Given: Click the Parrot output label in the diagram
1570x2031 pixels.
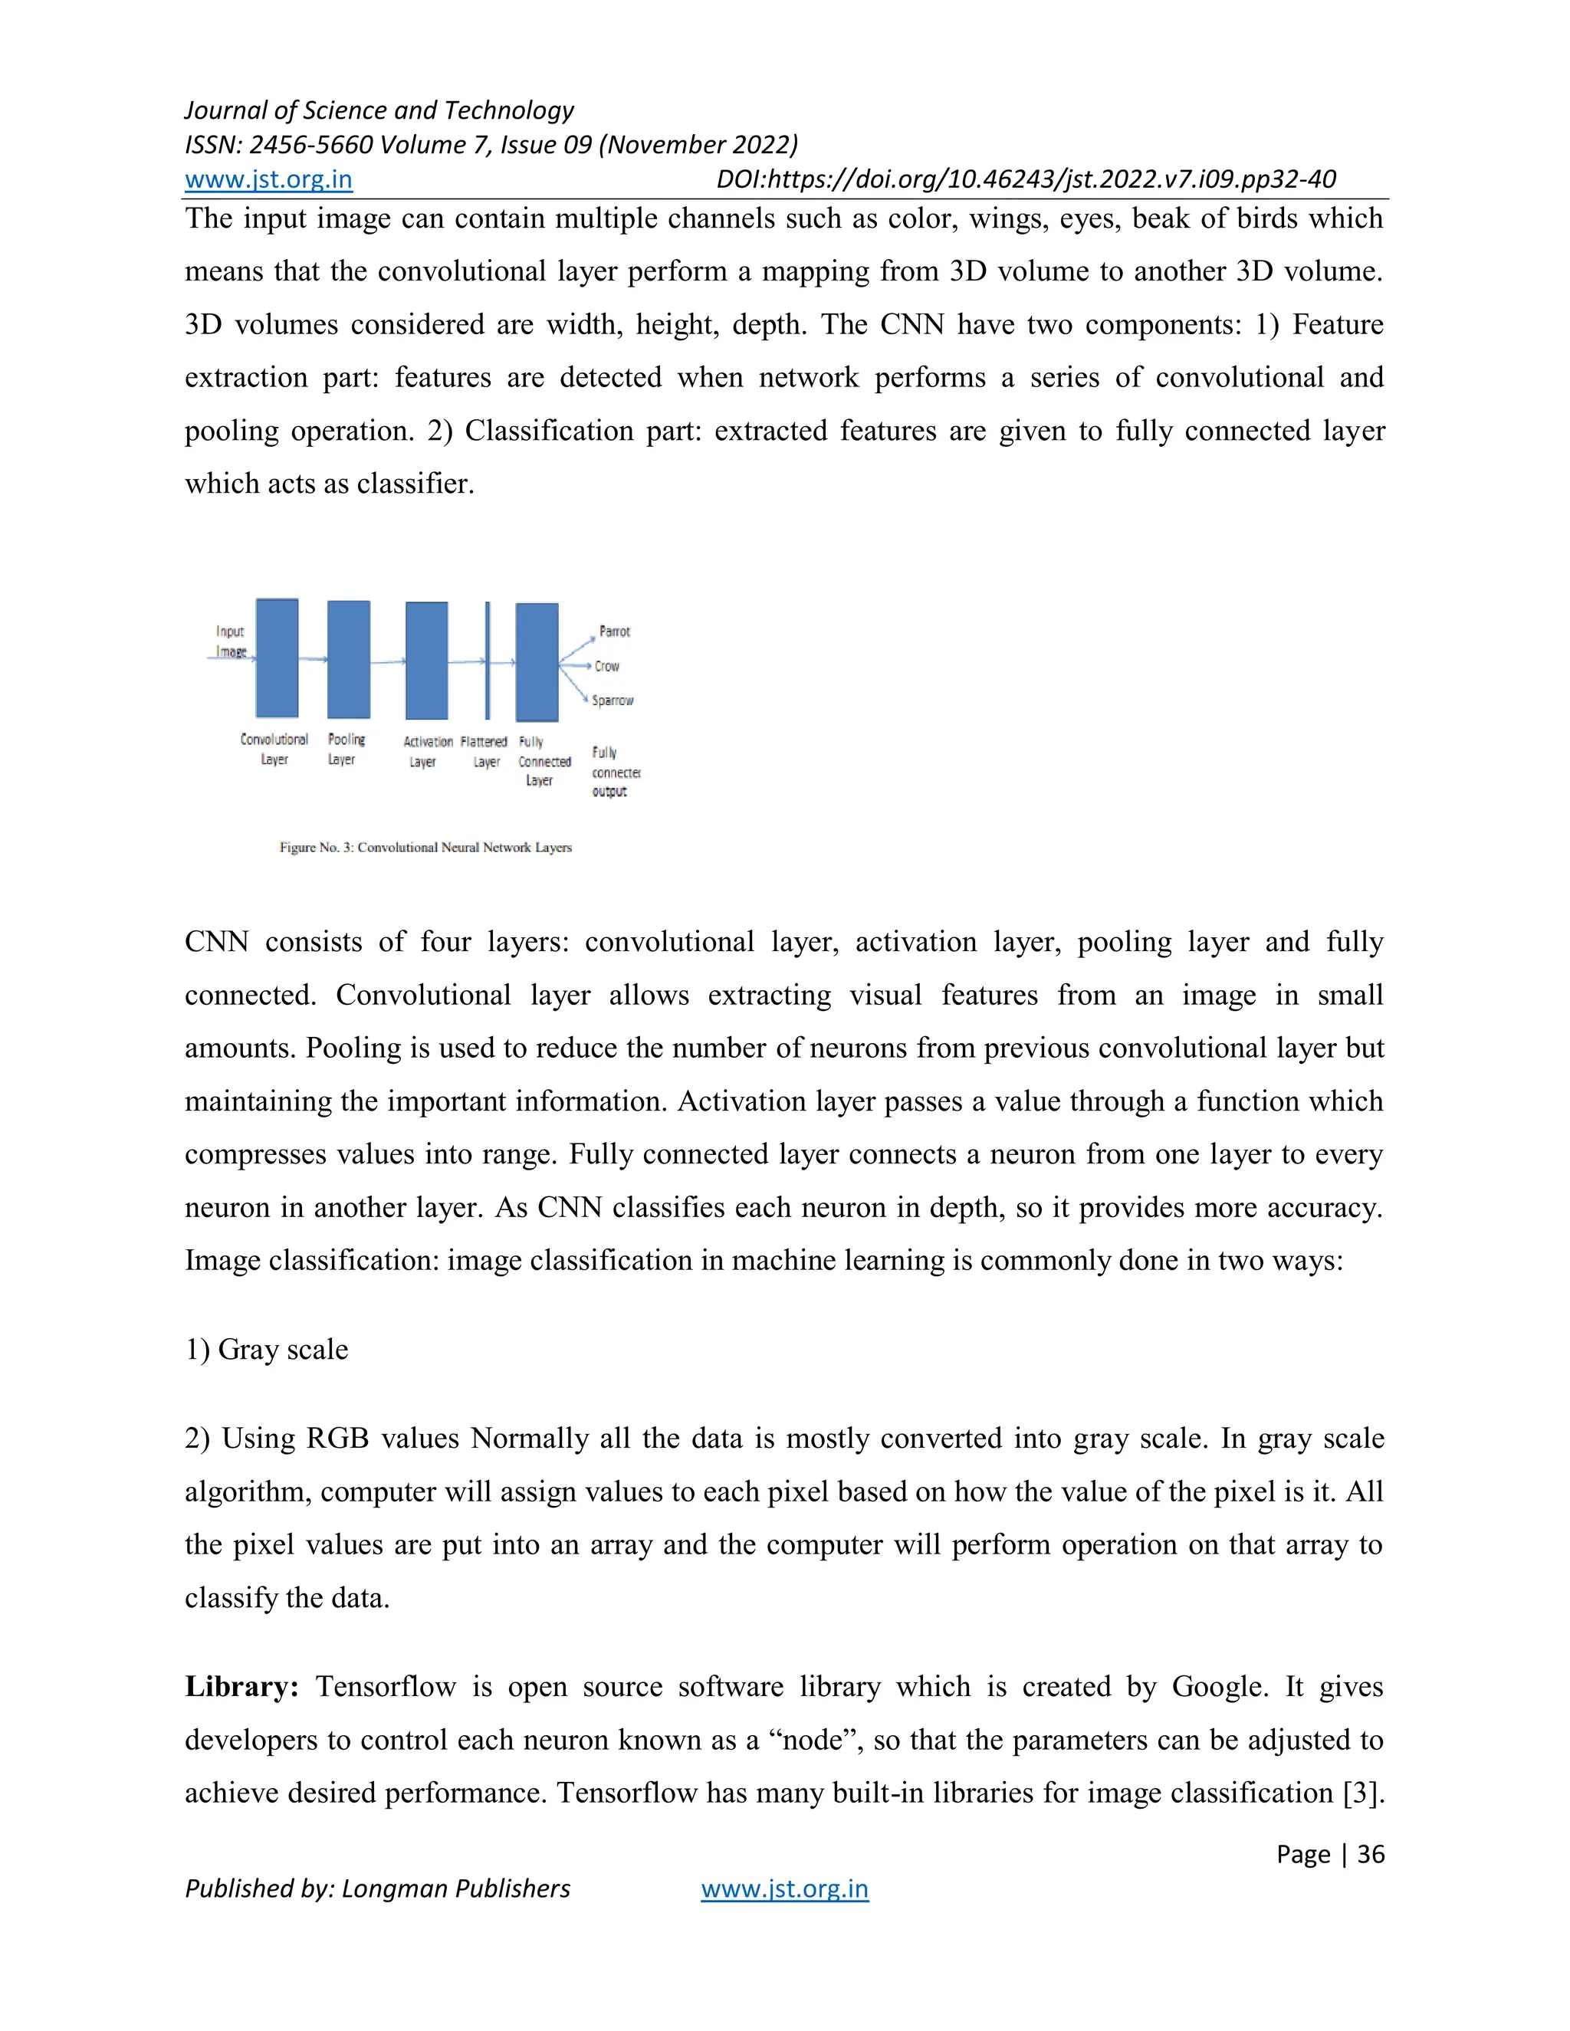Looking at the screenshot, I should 614,632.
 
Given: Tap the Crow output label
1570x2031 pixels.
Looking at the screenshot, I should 606,667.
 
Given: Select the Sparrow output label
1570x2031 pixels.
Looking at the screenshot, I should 612,701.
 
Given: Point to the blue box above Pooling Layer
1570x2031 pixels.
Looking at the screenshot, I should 349,659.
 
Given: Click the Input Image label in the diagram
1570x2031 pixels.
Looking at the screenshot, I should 230,641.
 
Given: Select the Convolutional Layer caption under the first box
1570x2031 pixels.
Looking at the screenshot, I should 274,750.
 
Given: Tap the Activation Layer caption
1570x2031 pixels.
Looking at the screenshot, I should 427,751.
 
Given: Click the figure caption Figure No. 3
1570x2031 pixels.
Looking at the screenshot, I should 425,847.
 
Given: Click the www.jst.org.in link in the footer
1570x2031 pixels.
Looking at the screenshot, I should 784,1888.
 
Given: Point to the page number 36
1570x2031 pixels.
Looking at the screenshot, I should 1370,1853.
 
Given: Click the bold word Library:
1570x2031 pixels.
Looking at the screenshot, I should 241,1687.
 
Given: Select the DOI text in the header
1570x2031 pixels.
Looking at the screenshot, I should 1025,179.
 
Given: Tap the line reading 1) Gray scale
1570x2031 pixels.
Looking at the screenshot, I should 266,1350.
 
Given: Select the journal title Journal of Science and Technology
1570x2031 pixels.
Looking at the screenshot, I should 379,110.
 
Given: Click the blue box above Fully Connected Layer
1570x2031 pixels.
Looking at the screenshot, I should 537,662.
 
